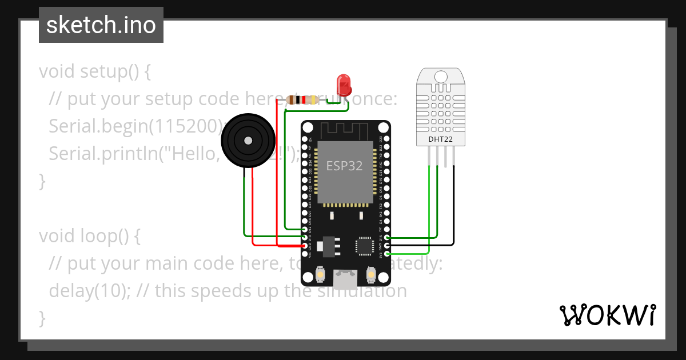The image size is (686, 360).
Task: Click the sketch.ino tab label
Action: click(101, 25)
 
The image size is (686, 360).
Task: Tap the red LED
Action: click(344, 84)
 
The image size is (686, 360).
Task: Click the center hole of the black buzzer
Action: click(248, 141)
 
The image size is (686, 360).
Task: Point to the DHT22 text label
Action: click(440, 138)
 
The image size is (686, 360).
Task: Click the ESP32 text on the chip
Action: click(345, 166)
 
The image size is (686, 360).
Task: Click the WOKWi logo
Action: click(607, 315)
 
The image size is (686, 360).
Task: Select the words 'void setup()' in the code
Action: click(89, 71)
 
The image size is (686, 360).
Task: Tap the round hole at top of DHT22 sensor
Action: click(440, 76)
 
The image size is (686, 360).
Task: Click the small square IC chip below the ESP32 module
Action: click(364, 245)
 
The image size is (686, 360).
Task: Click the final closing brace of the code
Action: click(42, 317)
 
